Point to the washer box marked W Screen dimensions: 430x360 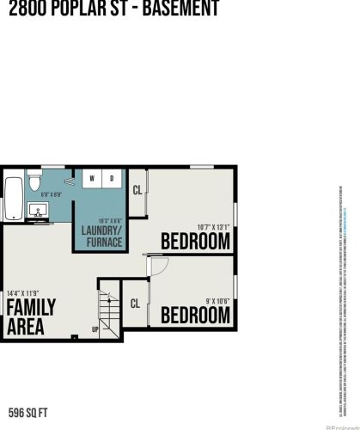point(92,178)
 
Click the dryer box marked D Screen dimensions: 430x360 point(112,178)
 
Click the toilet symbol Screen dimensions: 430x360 point(36,181)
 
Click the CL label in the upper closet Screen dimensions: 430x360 point(137,190)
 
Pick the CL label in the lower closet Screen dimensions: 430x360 point(135,303)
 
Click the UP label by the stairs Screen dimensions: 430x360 point(95,328)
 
